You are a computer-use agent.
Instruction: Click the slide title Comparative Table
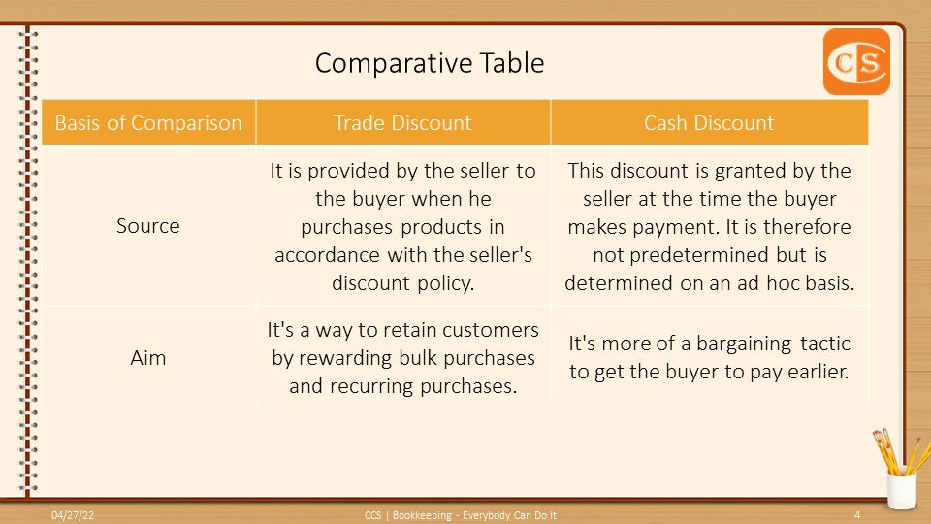(430, 63)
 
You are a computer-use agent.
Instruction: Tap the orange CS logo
(856, 62)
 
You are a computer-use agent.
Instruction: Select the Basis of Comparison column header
(148, 123)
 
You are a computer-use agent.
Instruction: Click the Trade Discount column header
(402, 123)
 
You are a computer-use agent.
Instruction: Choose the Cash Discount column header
(709, 123)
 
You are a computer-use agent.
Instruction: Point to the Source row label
(147, 226)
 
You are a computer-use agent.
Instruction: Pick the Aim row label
(147, 358)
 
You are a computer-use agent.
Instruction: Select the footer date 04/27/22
(73, 515)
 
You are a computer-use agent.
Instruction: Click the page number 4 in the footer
(856, 515)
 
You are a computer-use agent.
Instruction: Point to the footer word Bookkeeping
(422, 515)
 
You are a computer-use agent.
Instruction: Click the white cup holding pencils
(901, 490)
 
